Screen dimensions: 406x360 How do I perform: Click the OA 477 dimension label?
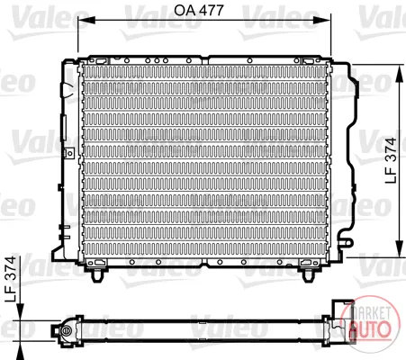coord(199,11)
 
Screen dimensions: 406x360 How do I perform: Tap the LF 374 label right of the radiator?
coord(391,160)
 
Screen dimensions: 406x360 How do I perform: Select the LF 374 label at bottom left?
coord(11,279)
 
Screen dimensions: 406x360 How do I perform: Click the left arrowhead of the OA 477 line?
coord(86,20)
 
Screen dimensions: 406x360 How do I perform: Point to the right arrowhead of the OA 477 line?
coord(322,20)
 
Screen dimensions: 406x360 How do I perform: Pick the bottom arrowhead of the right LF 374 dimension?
coord(400,248)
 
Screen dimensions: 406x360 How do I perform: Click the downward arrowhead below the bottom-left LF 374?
coord(20,312)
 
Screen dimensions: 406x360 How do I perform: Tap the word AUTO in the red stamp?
coord(370,329)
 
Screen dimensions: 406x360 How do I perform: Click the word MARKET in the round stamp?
coord(371,312)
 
